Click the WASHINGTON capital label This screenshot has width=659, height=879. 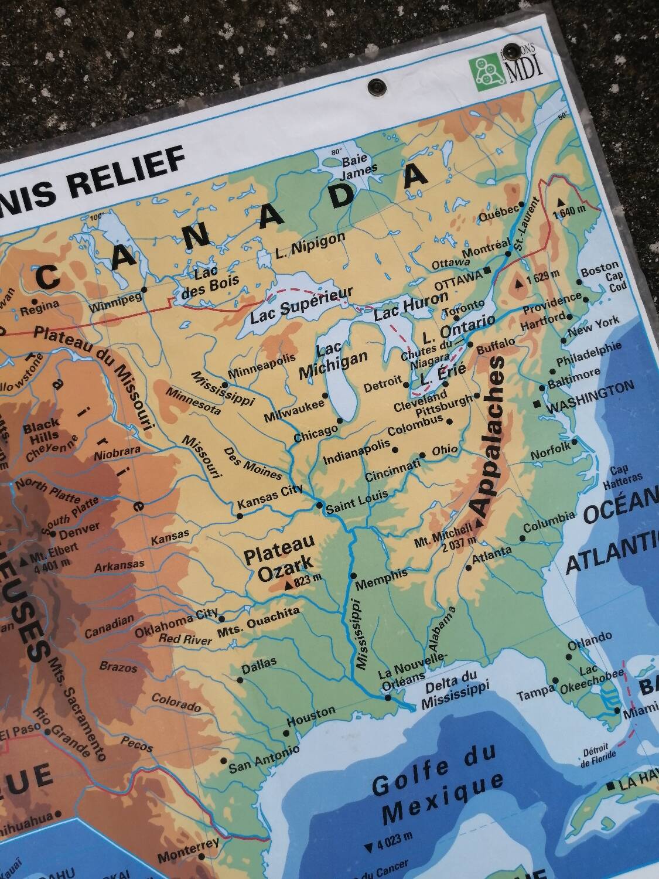[590, 397]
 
